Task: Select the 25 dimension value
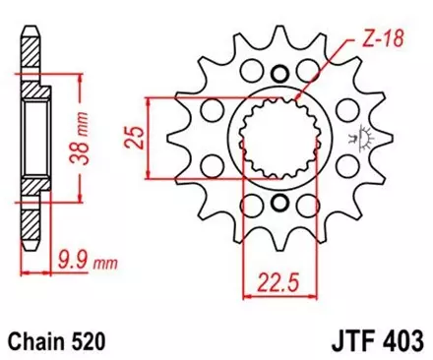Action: tap(136, 129)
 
